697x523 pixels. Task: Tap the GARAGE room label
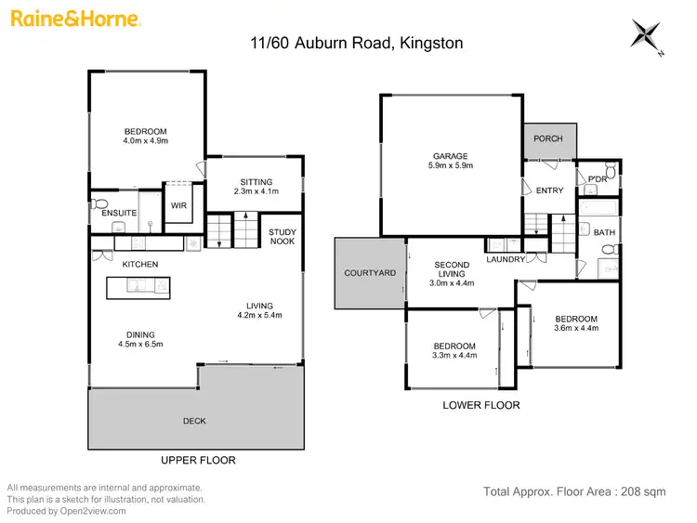pos(450,156)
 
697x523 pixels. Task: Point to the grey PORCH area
pos(548,139)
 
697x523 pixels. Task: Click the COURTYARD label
pos(370,273)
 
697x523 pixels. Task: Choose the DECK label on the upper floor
pos(194,421)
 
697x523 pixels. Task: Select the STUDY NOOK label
pos(283,238)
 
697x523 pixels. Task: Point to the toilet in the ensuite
pos(100,203)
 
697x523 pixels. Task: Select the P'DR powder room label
pos(598,178)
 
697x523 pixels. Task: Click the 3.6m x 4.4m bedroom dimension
pos(576,328)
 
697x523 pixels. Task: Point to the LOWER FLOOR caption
pos(481,405)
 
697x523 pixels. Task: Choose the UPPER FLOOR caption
pos(199,460)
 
